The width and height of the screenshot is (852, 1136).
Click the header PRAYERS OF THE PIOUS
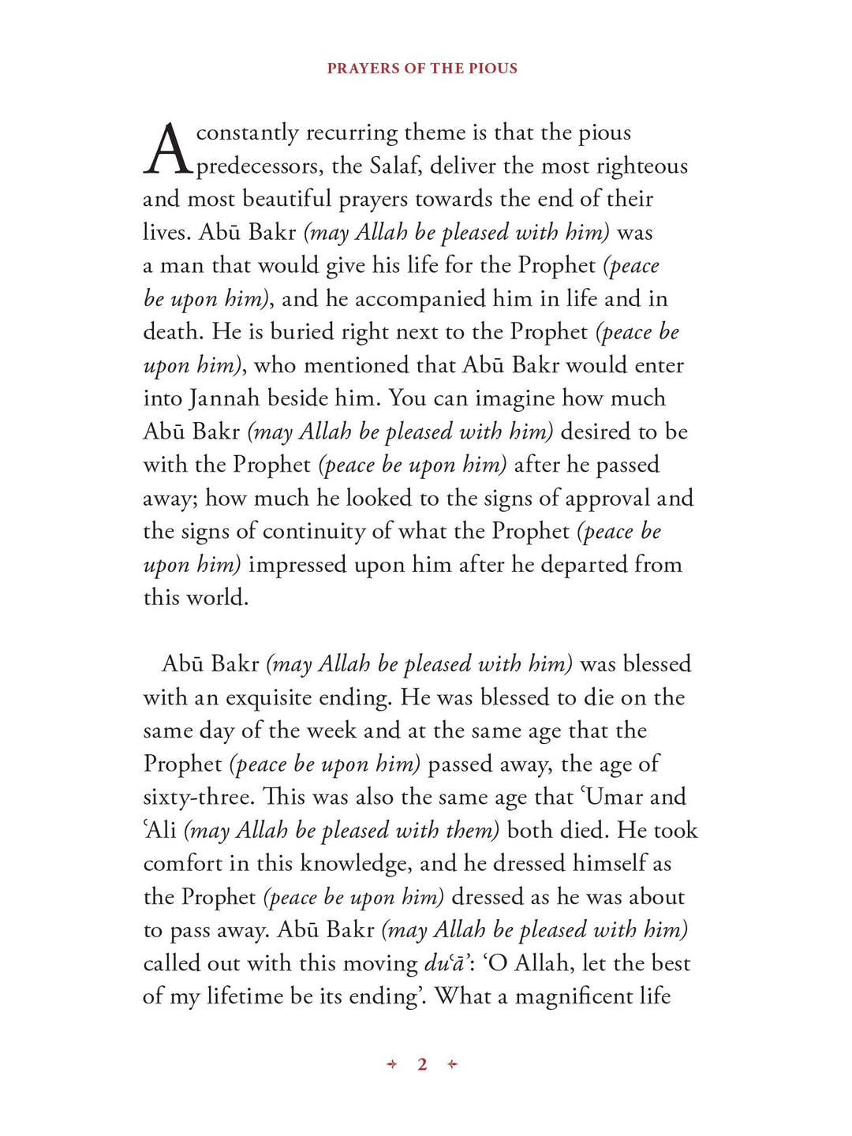coord(422,69)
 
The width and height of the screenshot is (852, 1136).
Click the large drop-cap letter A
coord(167,149)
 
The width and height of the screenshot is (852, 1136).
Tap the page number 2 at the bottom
coord(422,1064)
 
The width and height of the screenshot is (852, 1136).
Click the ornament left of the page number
coord(392,1064)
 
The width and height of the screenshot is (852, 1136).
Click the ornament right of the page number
coord(452,1064)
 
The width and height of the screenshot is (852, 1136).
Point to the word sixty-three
coord(198,797)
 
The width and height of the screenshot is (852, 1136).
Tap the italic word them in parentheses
coord(469,831)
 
